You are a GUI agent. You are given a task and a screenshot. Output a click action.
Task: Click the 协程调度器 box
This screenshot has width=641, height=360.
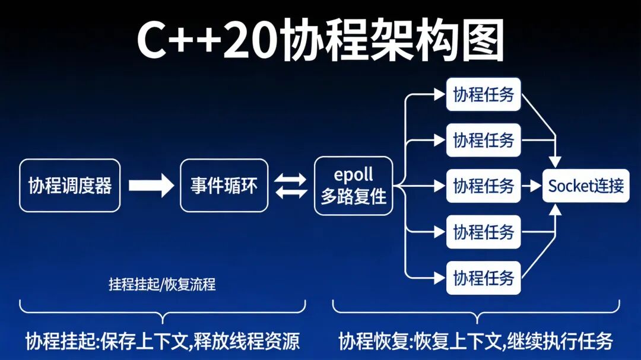pos(69,185)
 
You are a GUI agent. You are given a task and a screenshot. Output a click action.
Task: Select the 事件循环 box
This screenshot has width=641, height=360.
pos(224,185)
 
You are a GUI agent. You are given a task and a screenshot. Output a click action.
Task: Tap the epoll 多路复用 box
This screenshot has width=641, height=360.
pos(354,185)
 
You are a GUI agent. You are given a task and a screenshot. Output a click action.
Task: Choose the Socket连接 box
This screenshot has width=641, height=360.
pos(586,186)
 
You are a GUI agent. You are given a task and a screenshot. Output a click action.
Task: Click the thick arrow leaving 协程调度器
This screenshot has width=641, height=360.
pos(151,186)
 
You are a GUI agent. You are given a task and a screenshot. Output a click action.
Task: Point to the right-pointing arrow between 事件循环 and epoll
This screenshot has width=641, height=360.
pos(291,179)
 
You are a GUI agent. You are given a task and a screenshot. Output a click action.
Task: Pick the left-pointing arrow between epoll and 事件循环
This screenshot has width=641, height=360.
pos(291,193)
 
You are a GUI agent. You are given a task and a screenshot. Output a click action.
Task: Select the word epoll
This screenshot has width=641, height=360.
pos(354,175)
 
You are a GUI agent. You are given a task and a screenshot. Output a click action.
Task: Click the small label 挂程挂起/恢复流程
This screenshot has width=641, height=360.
pos(162,284)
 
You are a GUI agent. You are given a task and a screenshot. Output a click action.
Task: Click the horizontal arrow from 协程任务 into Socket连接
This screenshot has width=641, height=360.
pos(531,186)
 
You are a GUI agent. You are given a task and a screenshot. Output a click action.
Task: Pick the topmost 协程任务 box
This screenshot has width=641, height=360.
pos(483,94)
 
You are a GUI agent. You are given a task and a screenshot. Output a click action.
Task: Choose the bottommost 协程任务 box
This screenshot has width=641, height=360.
pos(483,278)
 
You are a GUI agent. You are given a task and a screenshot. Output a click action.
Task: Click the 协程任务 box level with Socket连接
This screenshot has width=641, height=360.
pos(483,186)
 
